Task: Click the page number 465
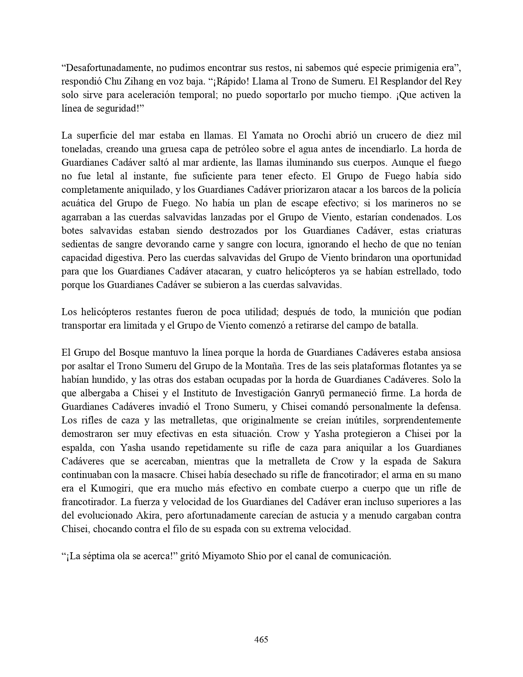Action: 261,639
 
